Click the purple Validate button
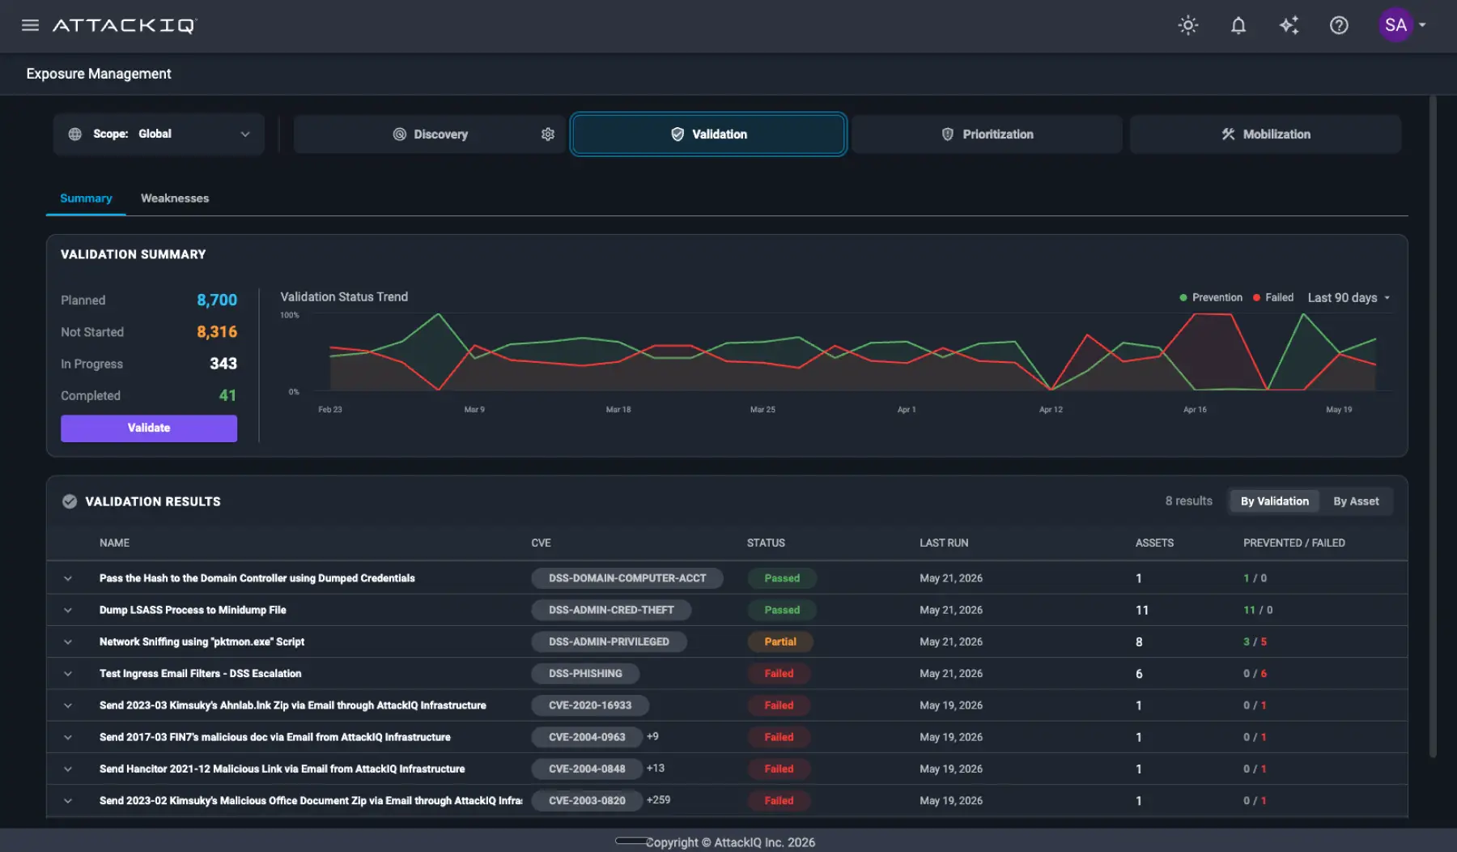pos(149,428)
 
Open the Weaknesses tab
pos(175,198)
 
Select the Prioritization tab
pos(987,134)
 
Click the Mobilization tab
pos(1265,134)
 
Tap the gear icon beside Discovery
pos(548,134)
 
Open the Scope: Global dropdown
pos(159,134)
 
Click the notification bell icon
pos(1238,25)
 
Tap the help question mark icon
pos(1339,25)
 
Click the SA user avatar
pos(1395,25)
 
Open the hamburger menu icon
pos(30,25)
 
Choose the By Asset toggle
pos(1356,501)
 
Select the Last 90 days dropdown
pos(1349,298)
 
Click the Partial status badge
pos(780,641)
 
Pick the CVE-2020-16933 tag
pos(590,705)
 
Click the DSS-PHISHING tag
pos(585,674)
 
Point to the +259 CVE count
pos(659,800)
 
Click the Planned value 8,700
pos(217,300)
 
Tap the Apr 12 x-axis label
pos(1051,410)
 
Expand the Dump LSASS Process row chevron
pos(68,610)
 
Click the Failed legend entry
pos(1273,298)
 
